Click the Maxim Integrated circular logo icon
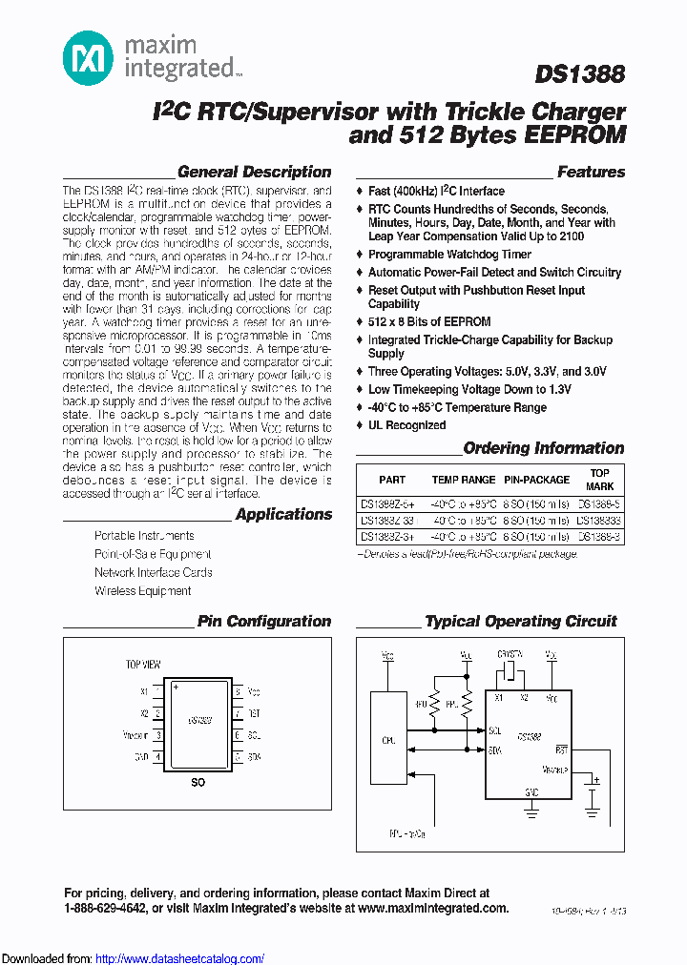88,56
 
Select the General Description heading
255,173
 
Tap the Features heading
591,173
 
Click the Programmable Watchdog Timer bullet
449,255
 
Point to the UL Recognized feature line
406,425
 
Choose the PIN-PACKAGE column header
536,480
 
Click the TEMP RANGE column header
464,480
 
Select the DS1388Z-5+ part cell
389,504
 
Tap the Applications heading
283,515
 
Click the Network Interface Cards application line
153,573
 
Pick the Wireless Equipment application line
142,591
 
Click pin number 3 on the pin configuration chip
157,735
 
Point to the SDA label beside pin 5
254,757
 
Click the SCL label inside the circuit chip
494,730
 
